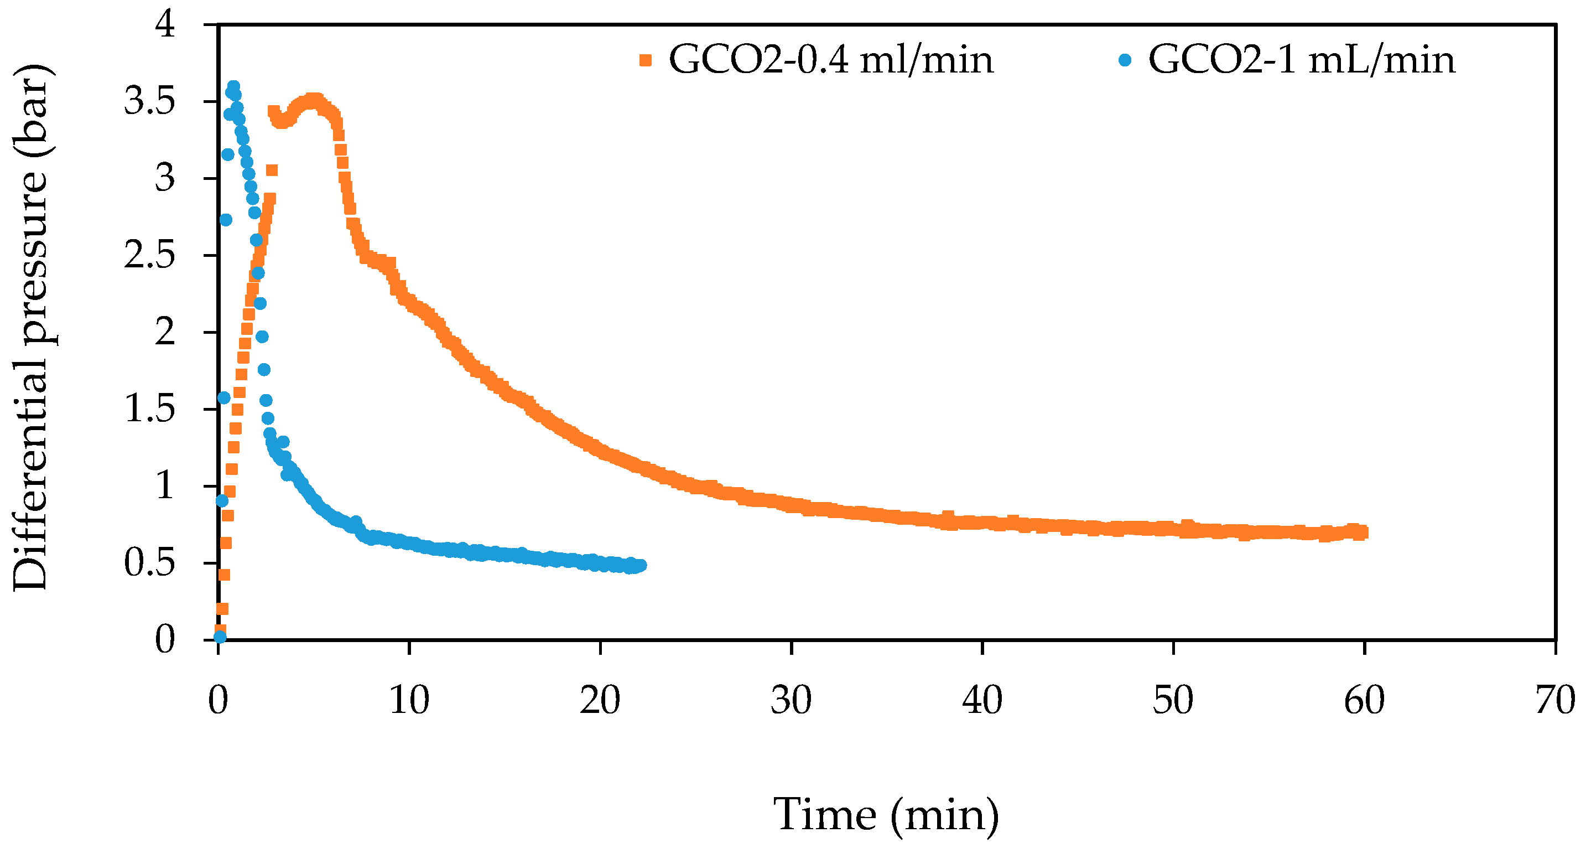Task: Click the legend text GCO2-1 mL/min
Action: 1302,60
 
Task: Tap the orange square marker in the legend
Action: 645,60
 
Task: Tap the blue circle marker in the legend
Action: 1125,60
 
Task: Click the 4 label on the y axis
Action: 165,25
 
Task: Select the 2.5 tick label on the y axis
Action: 149,255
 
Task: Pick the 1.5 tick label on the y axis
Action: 149,409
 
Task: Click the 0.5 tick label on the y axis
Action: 149,562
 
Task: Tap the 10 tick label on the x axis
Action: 409,700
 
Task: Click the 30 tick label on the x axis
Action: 791,700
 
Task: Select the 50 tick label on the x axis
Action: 1173,700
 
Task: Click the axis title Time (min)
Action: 886,815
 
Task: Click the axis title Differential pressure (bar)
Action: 31,327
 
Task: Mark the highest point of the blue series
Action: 233,86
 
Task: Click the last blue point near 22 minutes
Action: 640,565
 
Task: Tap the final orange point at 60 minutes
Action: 1363,532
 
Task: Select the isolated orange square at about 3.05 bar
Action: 272,170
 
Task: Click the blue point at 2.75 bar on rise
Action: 225,220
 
